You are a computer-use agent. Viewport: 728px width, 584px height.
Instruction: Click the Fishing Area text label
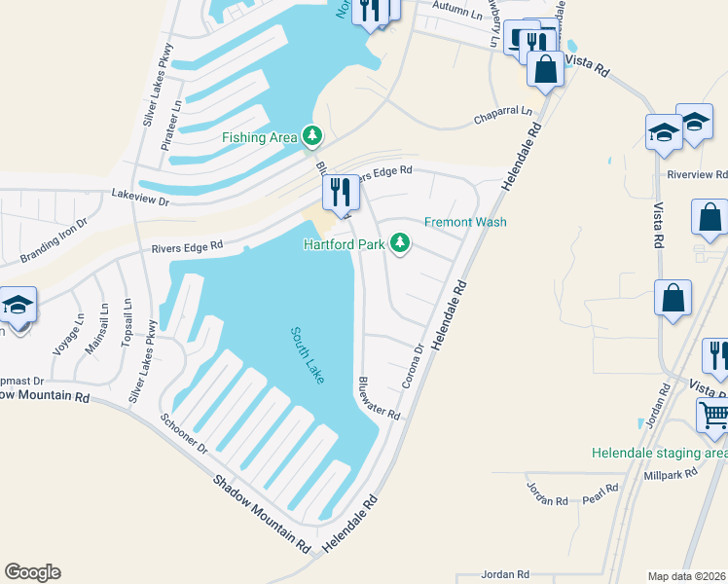point(259,137)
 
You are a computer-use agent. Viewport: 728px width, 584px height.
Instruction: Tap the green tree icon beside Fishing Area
point(312,136)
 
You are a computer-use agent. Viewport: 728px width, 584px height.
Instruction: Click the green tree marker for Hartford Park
point(400,243)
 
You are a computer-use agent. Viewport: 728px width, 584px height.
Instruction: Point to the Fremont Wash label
point(465,222)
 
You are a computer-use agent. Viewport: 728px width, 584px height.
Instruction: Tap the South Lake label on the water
point(307,355)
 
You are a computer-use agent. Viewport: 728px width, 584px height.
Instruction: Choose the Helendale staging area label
point(660,454)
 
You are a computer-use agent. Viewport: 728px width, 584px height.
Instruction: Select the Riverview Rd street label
point(697,175)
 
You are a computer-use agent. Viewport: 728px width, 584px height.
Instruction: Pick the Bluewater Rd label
point(379,398)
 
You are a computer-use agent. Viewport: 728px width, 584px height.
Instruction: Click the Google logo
point(32,572)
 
